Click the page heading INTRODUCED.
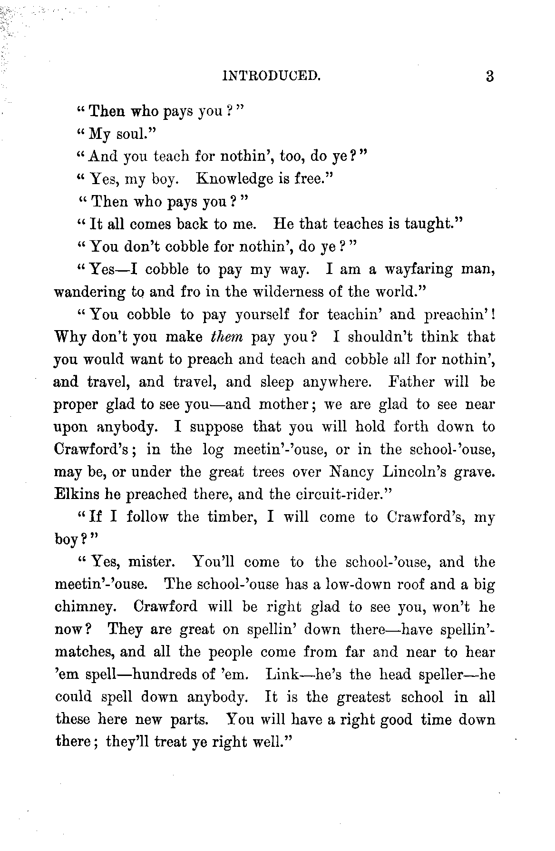tap(271, 76)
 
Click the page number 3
tap(490, 76)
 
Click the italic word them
tap(226, 337)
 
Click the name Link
tap(281, 675)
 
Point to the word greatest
tap(363, 697)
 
